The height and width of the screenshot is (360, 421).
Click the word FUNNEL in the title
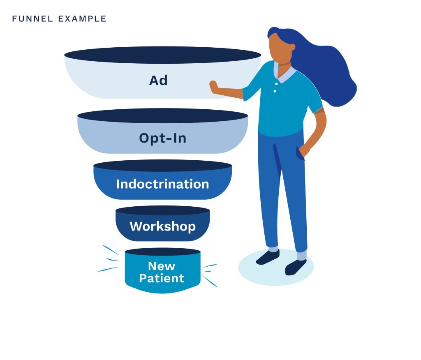(32, 19)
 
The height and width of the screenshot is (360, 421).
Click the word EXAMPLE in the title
(82, 19)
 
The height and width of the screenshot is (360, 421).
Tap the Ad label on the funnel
(158, 80)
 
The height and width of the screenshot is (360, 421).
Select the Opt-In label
(163, 138)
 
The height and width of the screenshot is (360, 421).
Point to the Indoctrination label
(163, 184)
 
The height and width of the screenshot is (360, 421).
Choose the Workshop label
(163, 226)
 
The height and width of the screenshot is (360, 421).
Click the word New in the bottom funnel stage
(162, 266)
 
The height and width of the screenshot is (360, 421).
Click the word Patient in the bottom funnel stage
(162, 278)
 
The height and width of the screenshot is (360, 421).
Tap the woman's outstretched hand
(214, 87)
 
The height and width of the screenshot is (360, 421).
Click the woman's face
(279, 48)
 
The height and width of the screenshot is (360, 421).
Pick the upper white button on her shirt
(277, 84)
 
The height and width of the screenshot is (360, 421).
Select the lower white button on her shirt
(275, 91)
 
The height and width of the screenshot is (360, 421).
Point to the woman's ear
(292, 48)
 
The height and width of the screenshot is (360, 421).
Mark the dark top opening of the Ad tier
(163, 55)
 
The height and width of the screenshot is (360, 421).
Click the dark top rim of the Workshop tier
(163, 210)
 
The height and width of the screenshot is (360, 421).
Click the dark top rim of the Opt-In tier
(163, 116)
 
